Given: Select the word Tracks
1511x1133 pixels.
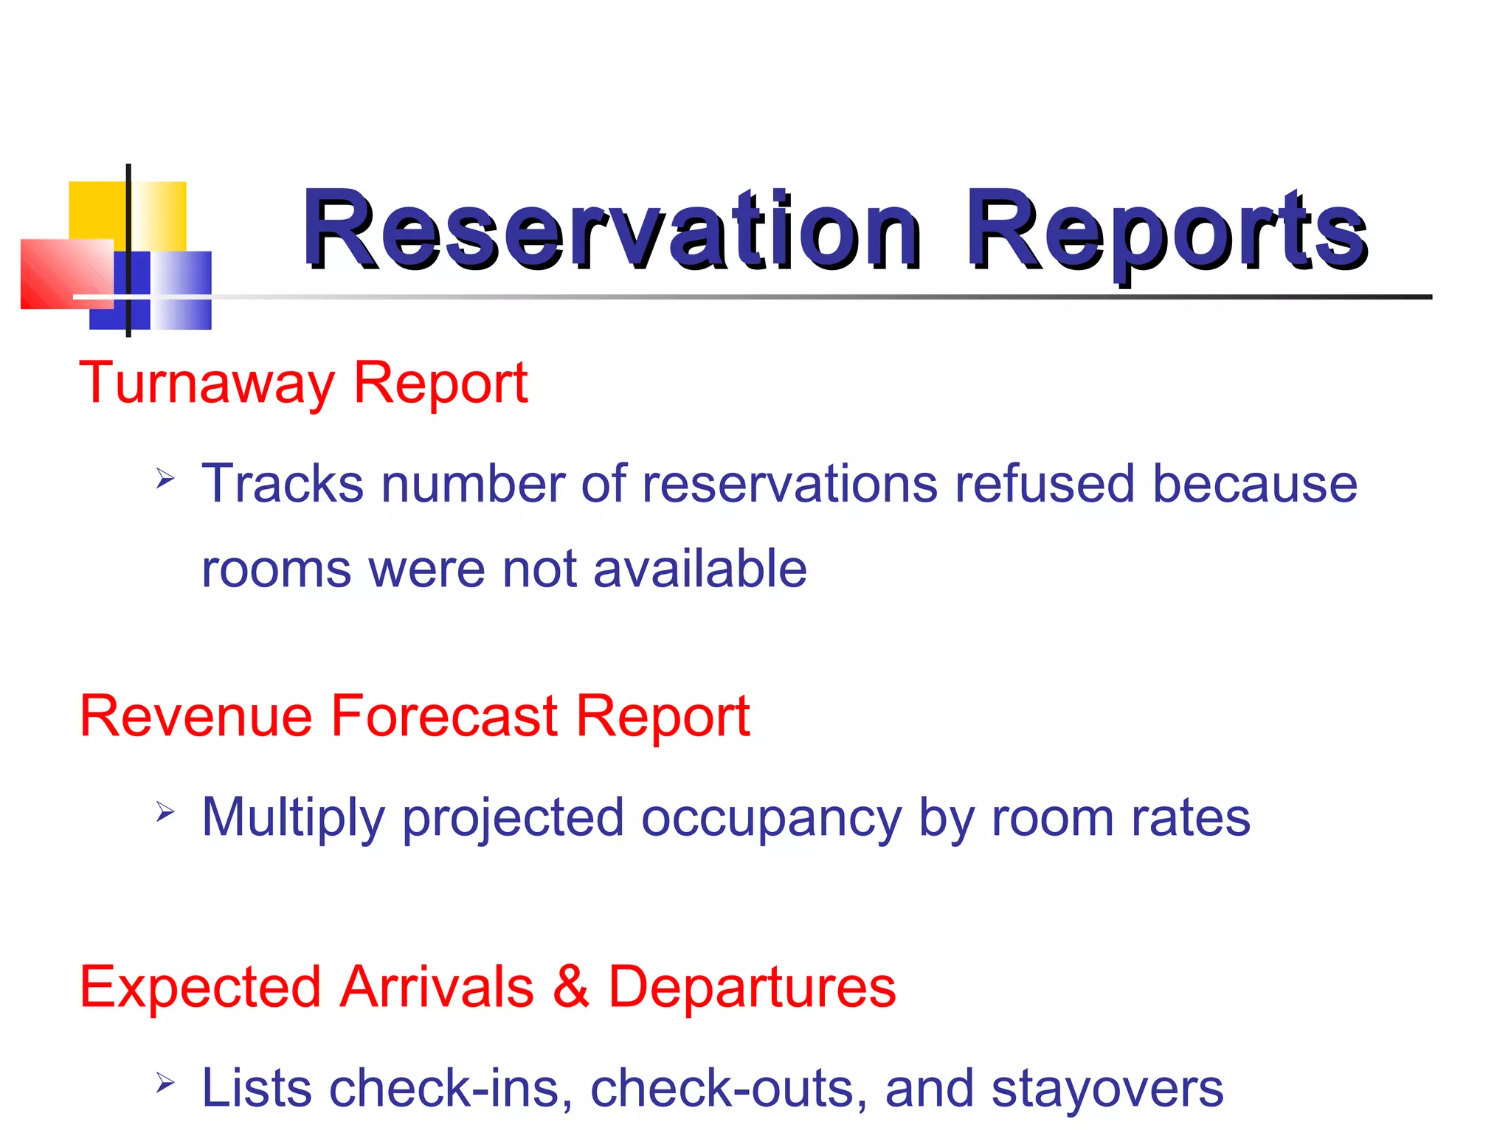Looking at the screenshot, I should pos(283,484).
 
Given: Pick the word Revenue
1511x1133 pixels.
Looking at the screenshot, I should pos(196,716).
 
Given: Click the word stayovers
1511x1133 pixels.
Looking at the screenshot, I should pos(1107,1089).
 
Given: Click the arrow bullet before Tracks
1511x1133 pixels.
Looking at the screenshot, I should pos(165,479).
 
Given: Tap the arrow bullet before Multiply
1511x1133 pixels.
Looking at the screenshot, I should pos(165,813).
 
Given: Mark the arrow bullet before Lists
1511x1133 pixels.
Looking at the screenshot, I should pos(165,1084).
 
